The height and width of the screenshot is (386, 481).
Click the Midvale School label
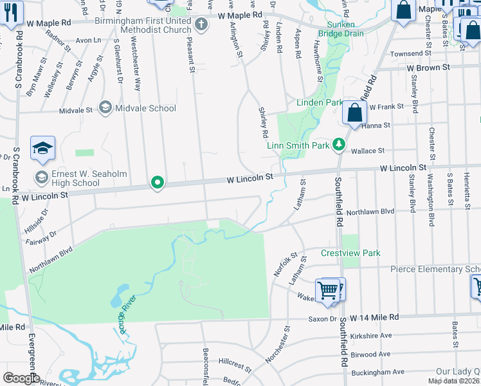click(x=145, y=108)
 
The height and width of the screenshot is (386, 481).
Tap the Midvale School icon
click(x=105, y=107)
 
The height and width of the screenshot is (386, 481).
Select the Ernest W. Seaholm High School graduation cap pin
click(x=42, y=149)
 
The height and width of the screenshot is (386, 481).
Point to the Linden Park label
click(x=319, y=102)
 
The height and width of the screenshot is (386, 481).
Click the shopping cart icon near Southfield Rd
click(x=329, y=290)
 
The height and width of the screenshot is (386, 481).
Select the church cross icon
click(x=202, y=25)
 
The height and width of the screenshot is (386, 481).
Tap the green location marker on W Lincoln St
click(x=157, y=183)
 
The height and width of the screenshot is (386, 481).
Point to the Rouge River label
click(x=126, y=317)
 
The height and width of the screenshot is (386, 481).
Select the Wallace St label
click(x=368, y=151)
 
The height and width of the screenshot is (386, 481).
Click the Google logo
click(x=21, y=378)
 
